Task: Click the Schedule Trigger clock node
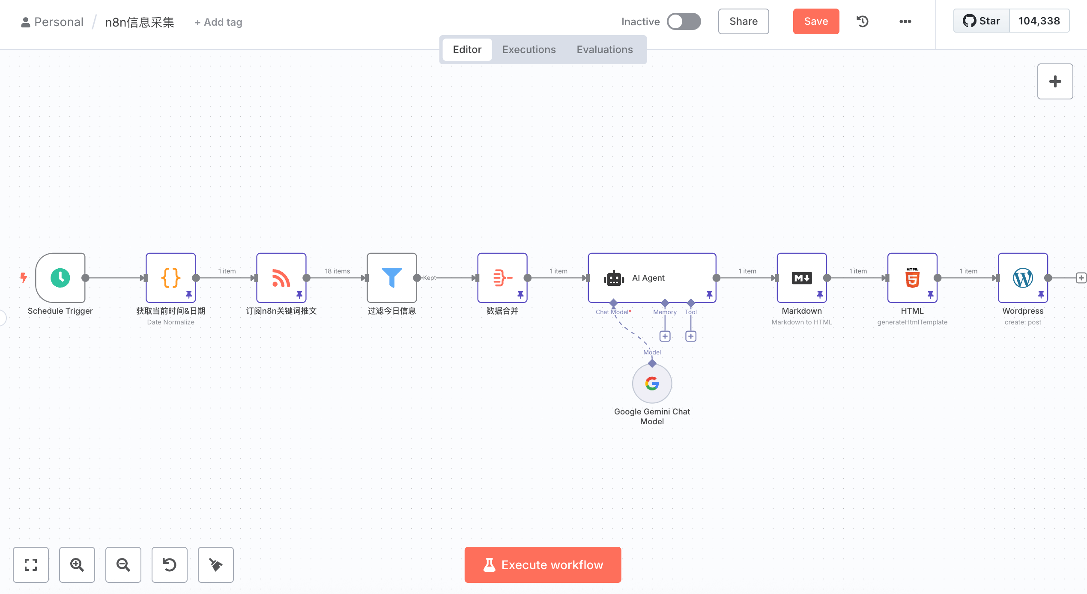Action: click(60, 278)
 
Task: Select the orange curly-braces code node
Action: click(171, 278)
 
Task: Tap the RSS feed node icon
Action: click(281, 278)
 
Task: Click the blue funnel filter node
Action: click(392, 278)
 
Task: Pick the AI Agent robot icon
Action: click(614, 278)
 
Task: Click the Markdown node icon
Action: click(802, 278)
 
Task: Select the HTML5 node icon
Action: click(912, 278)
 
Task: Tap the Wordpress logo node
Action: click(1023, 278)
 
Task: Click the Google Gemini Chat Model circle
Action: click(652, 384)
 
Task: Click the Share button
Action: click(744, 21)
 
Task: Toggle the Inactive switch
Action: click(684, 21)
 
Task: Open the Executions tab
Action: click(529, 50)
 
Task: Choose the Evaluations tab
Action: click(605, 50)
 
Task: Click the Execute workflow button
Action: click(543, 565)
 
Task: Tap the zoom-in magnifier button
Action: click(77, 565)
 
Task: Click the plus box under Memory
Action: click(665, 336)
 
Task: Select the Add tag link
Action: click(218, 22)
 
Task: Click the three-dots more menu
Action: click(905, 21)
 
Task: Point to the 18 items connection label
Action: click(337, 271)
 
